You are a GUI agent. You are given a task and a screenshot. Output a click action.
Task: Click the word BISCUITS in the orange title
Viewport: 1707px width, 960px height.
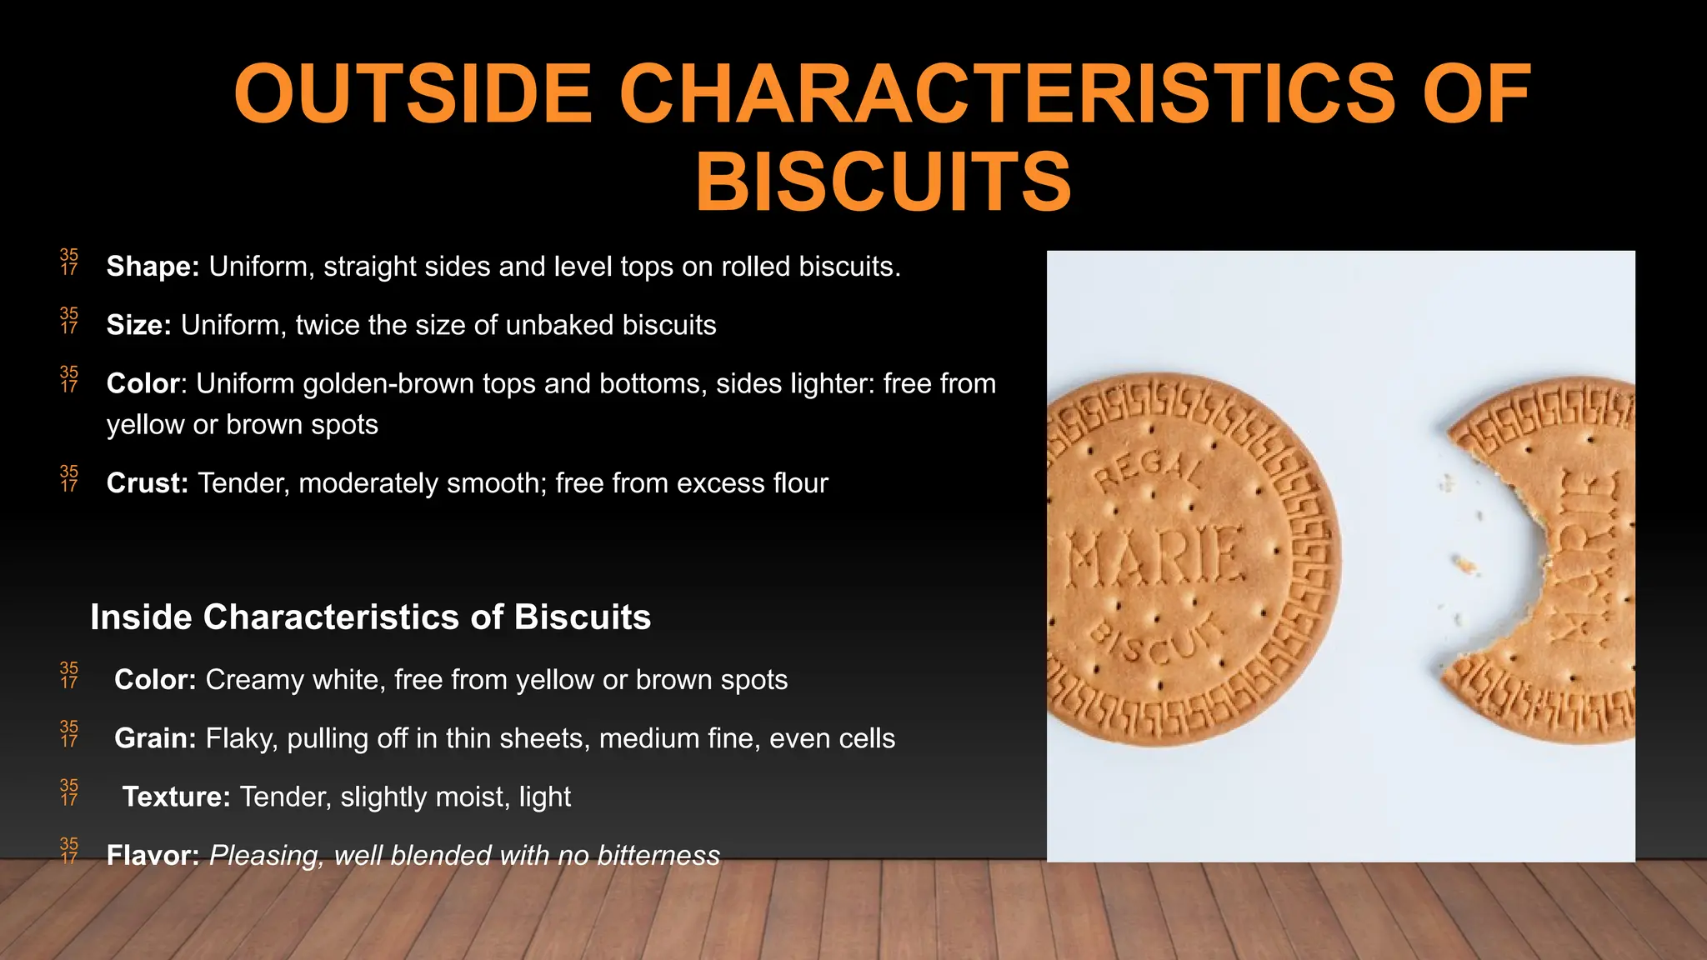[884, 182]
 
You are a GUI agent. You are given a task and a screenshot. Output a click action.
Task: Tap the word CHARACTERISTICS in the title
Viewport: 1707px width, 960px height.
[1007, 94]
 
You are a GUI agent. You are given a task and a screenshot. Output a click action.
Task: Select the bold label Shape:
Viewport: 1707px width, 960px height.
[153, 267]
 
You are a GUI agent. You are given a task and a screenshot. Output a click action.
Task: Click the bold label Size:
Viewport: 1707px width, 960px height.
[138, 325]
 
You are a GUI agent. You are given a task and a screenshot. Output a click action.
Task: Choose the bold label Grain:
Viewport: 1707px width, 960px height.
[155, 738]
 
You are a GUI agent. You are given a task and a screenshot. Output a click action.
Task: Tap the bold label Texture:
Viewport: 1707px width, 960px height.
[176, 797]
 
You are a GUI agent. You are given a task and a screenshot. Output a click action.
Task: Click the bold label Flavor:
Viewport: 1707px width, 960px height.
[153, 855]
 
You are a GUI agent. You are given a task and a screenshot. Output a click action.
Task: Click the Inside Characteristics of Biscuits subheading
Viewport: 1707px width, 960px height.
[370, 617]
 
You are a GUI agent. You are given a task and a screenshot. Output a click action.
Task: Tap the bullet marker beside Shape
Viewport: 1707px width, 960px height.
[69, 262]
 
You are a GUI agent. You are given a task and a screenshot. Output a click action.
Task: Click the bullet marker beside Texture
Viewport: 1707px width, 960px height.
[69, 792]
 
